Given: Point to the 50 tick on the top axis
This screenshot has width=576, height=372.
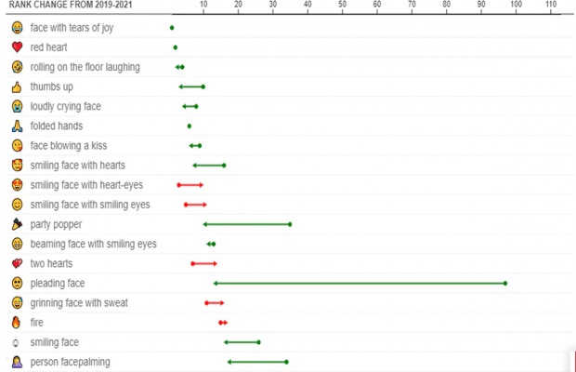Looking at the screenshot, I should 342,6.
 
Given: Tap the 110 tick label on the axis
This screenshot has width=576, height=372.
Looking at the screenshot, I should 550,6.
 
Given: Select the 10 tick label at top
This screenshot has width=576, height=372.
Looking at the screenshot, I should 203,6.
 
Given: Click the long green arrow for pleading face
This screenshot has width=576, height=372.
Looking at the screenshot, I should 360,283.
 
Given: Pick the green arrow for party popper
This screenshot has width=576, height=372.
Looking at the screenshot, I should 247,224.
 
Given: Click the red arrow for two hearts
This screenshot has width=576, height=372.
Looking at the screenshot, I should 204,263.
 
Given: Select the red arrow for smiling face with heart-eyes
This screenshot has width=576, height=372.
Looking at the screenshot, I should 191,185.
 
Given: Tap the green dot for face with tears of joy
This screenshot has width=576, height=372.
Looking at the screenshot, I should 172,28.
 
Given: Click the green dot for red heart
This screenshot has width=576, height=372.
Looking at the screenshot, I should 175,46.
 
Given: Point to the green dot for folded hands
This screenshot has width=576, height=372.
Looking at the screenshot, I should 190,126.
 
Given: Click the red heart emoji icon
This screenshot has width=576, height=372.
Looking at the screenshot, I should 17,47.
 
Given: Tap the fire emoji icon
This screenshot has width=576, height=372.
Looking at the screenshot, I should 17,323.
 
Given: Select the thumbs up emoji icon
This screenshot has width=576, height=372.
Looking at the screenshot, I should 17,86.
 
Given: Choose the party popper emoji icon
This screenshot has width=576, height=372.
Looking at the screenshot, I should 17,224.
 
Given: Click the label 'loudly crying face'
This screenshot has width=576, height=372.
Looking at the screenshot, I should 65,106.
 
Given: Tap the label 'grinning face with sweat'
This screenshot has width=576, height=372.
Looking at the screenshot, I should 79,303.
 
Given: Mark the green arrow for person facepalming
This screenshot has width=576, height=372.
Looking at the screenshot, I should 257,362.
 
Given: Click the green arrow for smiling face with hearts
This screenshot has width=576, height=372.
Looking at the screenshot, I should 208,166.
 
